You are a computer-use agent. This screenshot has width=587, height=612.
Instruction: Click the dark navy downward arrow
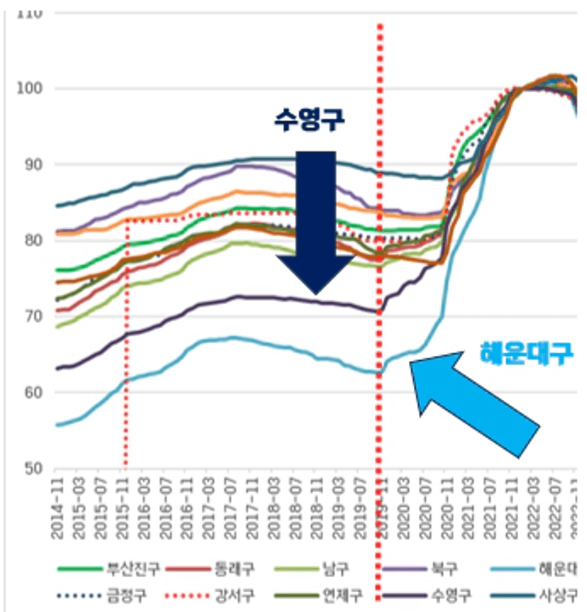[314, 220]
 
